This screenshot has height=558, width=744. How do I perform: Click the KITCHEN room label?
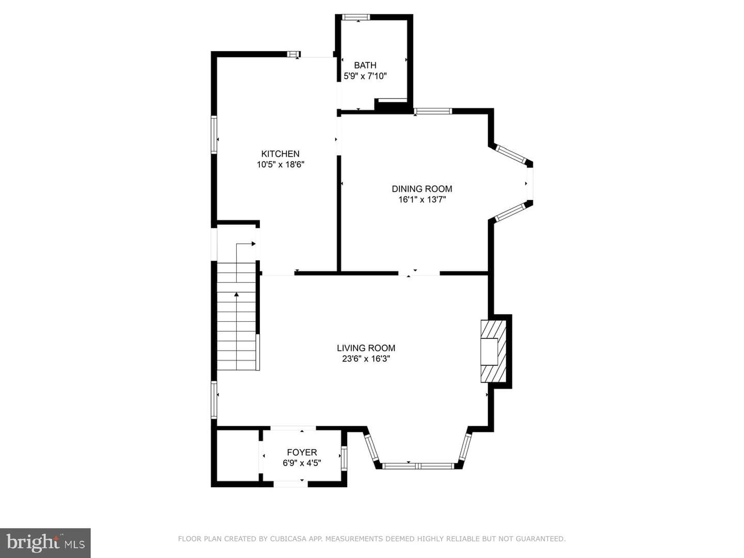coord(281,154)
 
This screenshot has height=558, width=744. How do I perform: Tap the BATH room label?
coord(365,65)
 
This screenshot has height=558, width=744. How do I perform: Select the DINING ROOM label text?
coord(422,189)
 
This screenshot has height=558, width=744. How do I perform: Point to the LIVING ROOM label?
coord(366,348)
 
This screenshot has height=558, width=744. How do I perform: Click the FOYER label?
coord(302,452)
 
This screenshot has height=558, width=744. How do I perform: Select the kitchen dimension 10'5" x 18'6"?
coord(281,165)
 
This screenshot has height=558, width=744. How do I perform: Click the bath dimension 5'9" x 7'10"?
coord(365,76)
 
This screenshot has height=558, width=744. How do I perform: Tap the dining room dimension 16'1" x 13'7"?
coord(422,199)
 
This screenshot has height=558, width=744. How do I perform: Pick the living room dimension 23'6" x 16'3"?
coord(366,359)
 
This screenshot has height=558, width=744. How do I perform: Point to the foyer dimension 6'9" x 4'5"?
coord(302,463)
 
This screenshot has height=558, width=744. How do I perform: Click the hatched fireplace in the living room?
coord(493,351)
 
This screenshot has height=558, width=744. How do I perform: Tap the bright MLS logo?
coord(45,543)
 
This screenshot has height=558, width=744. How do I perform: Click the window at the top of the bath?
coord(355,17)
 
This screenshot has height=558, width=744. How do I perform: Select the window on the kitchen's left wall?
coord(214,134)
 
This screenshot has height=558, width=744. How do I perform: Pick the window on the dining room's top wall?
coord(433,111)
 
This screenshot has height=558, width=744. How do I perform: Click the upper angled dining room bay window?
coord(511,154)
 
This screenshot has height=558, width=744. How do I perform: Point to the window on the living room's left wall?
coord(214,400)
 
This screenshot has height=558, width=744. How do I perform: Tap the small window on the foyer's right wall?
coord(344,458)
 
